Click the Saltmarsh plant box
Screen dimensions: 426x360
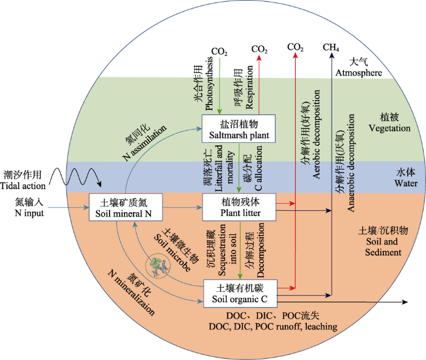(239, 129)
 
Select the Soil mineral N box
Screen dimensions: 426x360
(126, 207)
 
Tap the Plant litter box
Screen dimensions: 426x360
(239, 207)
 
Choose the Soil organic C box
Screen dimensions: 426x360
(240, 294)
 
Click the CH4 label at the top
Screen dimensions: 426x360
(330, 47)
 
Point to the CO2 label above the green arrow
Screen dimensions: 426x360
(219, 51)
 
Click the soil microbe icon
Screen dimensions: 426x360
(158, 268)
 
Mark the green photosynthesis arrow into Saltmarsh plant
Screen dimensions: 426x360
(220, 86)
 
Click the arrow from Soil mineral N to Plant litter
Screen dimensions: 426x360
(183, 208)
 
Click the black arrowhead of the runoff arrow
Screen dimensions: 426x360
(405, 302)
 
